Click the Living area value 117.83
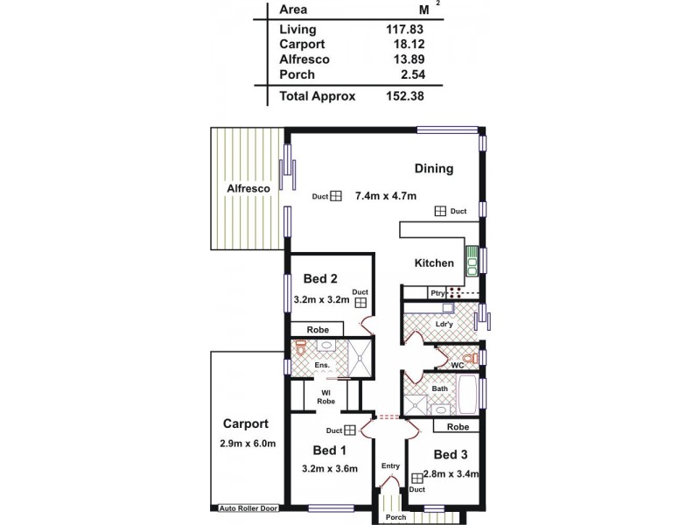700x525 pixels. click(405, 29)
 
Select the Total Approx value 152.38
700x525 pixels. click(405, 96)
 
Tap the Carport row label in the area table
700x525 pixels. click(302, 44)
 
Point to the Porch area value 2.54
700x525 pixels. click(411, 74)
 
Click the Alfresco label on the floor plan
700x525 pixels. click(247, 188)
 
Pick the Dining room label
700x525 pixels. click(434, 169)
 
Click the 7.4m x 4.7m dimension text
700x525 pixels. click(386, 197)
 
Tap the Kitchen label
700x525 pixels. click(434, 263)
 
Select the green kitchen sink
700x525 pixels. click(472, 259)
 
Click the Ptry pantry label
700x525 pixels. click(437, 293)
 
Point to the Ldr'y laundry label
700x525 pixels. click(444, 325)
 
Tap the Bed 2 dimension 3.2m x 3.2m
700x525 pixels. click(321, 300)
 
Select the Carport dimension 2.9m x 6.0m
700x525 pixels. click(248, 444)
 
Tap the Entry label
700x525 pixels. click(390, 465)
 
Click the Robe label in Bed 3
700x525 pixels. click(457, 427)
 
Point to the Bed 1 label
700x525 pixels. click(330, 450)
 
